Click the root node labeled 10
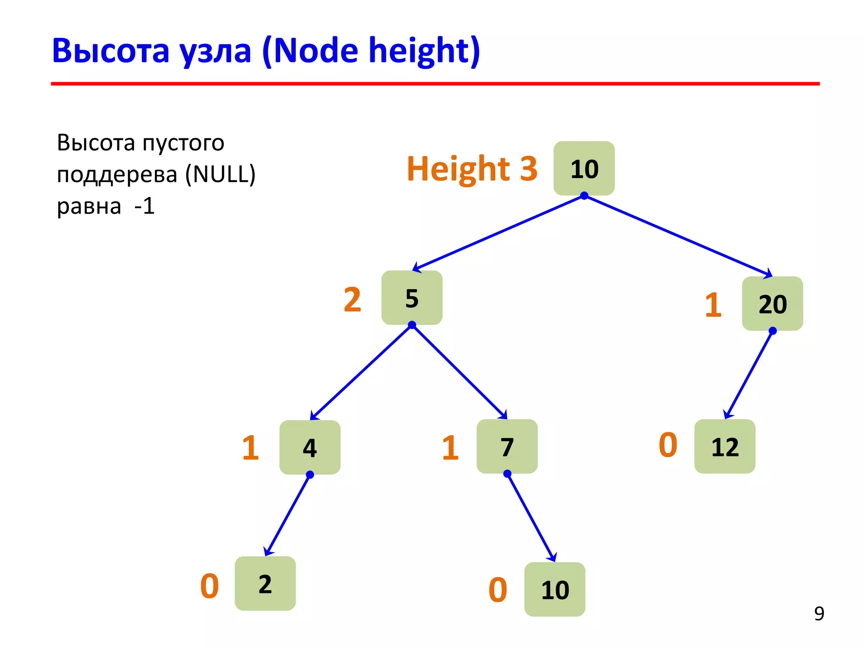[584, 168]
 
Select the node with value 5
[412, 298]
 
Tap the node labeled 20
[772, 304]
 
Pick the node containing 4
[310, 447]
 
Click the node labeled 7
[507, 446]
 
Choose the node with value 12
[724, 446]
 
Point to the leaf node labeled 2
[265, 583]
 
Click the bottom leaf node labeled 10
[554, 589]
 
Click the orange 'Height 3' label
[472, 169]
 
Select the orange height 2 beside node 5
[352, 300]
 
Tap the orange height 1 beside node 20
[713, 305]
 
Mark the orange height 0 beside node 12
[668, 445]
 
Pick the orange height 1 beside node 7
[450, 448]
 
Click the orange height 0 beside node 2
[209, 586]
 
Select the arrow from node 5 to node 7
[460, 371]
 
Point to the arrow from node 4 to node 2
[287, 515]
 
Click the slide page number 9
[819, 613]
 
